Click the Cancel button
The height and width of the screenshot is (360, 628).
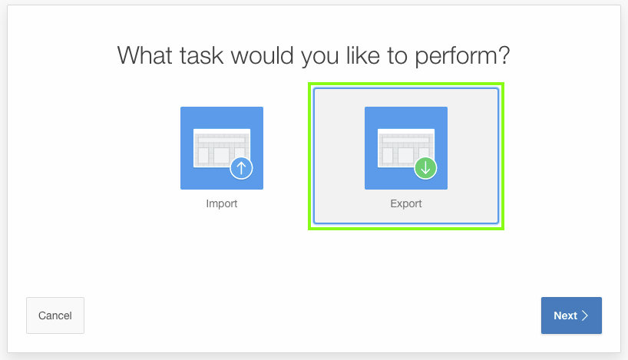[55, 315]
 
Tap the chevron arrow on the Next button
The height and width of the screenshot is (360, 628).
[585, 315]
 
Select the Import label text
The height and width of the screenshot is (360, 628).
[221, 204]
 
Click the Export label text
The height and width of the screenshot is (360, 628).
[405, 204]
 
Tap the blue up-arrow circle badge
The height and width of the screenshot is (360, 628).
[241, 168]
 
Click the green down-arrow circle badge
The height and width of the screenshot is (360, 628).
[425, 168]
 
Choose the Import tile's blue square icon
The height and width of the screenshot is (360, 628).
[221, 148]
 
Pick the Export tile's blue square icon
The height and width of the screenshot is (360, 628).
[405, 148]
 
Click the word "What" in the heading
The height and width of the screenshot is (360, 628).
[146, 54]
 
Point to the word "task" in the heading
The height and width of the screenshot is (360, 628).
[201, 55]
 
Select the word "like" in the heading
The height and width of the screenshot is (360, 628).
[363, 54]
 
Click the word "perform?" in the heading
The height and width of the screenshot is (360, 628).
[462, 57]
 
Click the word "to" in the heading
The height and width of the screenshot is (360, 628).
[398, 56]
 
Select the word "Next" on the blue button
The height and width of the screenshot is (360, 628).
[566, 315]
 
